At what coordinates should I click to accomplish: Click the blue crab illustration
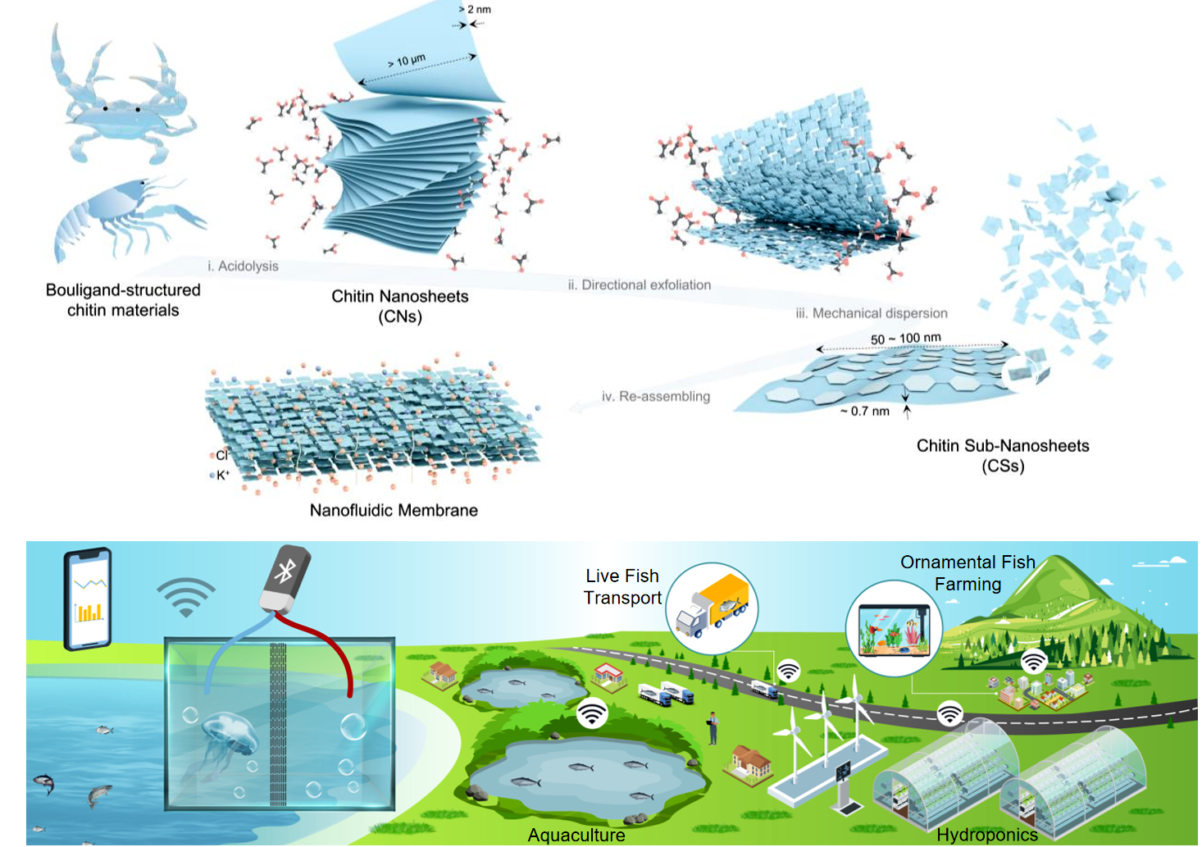coord(125,102)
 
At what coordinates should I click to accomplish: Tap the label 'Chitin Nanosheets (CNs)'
coord(399,306)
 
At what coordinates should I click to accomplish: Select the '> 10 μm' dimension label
coord(407,61)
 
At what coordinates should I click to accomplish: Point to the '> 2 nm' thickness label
coord(476,10)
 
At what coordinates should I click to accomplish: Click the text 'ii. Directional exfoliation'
coord(639,285)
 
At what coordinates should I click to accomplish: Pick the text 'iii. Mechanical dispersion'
coord(871,313)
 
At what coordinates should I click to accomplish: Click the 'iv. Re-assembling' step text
coord(655,396)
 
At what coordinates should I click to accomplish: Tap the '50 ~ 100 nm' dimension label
coord(905,338)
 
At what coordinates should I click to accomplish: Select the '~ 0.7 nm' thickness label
coord(864,411)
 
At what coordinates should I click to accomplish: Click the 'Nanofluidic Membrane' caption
coord(394,510)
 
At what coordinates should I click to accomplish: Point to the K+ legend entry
coord(221,475)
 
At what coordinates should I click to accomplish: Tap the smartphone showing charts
coord(88,599)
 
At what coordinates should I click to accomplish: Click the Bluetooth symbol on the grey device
coord(285,571)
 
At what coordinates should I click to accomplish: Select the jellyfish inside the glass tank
coord(230,734)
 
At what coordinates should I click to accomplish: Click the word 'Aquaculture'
coord(576,835)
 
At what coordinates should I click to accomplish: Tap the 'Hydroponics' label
coord(986,835)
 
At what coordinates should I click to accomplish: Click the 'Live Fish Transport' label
coord(622,586)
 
